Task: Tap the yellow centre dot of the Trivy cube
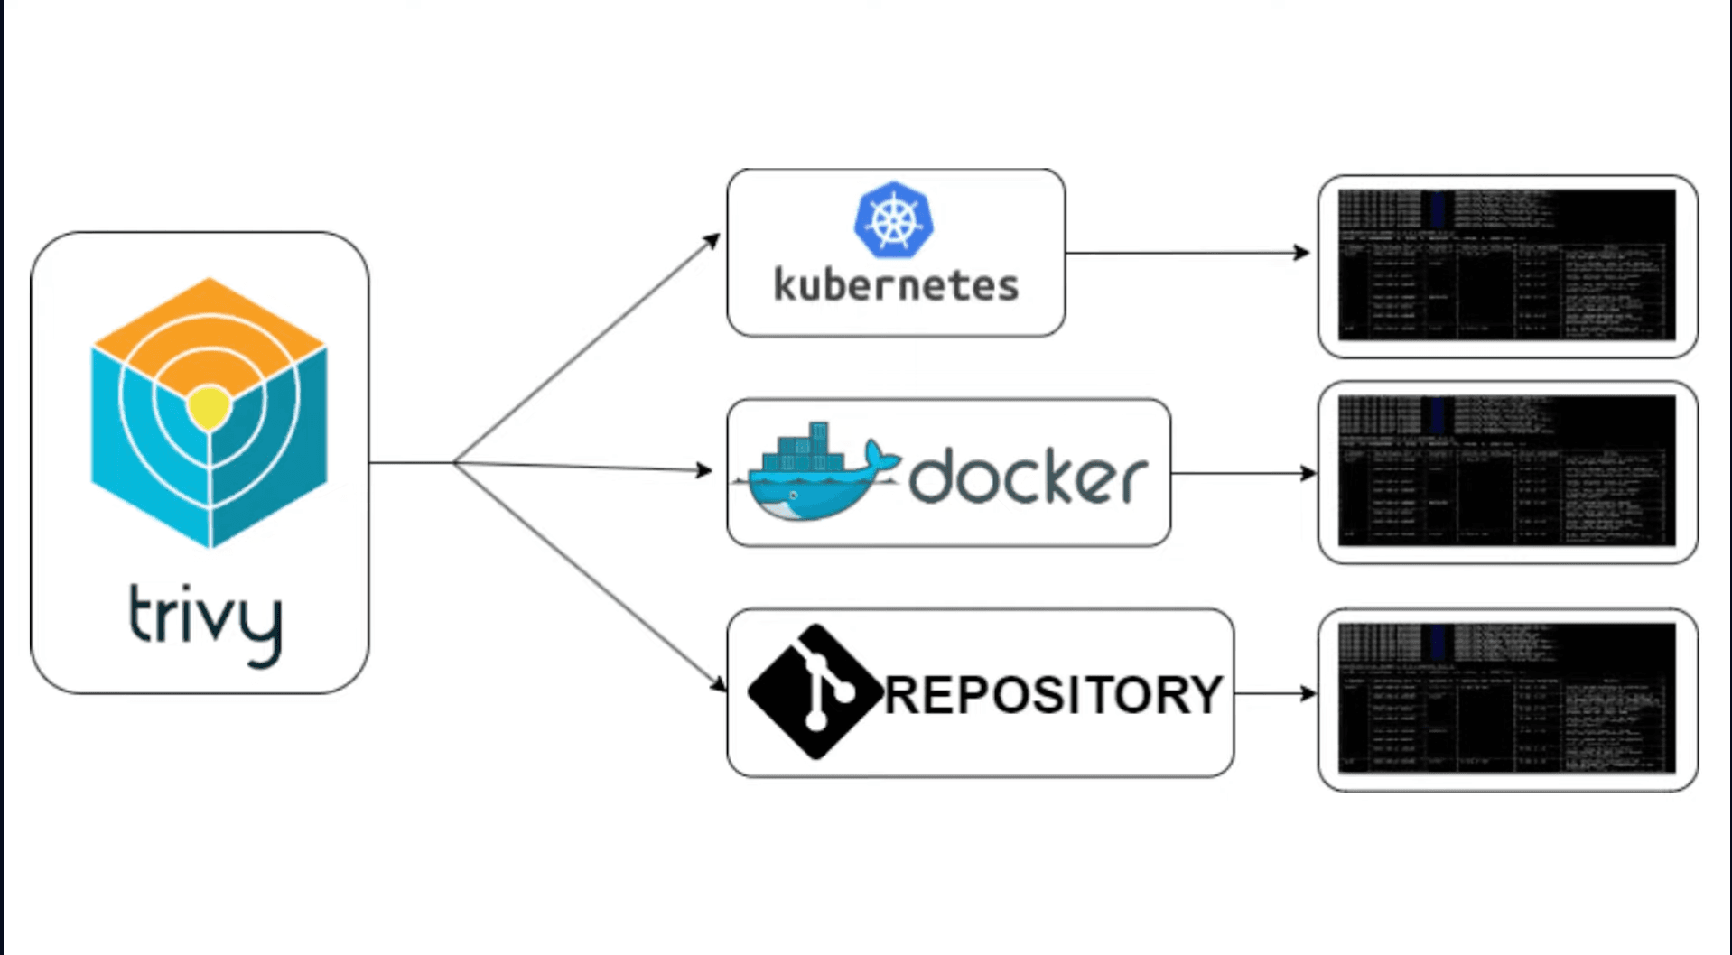coord(209,406)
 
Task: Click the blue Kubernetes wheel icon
coord(893,219)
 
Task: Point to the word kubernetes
coord(896,285)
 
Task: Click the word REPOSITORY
coord(1053,695)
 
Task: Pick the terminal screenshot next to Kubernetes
coord(1506,265)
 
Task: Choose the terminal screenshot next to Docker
coord(1506,471)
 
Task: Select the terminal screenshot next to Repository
coord(1506,699)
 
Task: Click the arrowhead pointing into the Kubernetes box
coord(713,240)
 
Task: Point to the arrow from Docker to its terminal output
coord(1242,473)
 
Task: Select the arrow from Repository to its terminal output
coord(1273,693)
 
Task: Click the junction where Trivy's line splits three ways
coord(454,463)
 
